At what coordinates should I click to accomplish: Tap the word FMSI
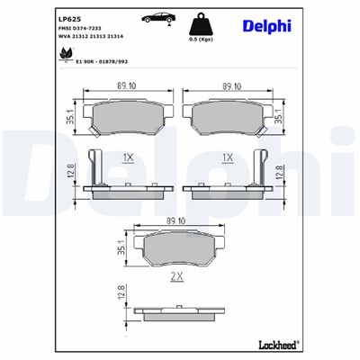pyautogui.click(x=66, y=29)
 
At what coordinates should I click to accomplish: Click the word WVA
pyautogui.click(x=65, y=38)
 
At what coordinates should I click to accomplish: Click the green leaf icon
pyautogui.click(x=64, y=55)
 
